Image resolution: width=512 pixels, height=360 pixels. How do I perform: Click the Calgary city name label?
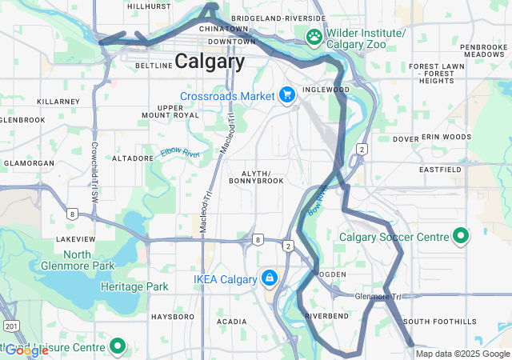pyautogui.click(x=210, y=62)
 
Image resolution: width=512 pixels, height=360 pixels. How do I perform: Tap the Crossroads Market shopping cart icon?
pyautogui.click(x=286, y=96)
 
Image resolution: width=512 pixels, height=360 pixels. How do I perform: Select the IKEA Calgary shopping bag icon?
pyautogui.click(x=270, y=278)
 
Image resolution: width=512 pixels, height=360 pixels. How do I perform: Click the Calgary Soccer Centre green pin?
pyautogui.click(x=461, y=237)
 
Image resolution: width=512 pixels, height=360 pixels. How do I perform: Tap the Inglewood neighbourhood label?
pyautogui.click(x=325, y=89)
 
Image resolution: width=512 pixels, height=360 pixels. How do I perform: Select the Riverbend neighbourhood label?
pyautogui.click(x=326, y=316)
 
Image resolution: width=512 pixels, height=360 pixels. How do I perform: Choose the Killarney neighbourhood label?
pyautogui.click(x=58, y=102)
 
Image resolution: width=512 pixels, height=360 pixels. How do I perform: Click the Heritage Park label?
pyautogui.click(x=134, y=286)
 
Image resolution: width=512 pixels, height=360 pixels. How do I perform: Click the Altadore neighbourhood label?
pyautogui.click(x=132, y=158)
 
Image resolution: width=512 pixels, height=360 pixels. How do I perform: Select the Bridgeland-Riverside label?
pyautogui.click(x=278, y=18)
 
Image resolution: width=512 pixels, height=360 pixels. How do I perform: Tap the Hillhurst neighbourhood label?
pyautogui.click(x=149, y=6)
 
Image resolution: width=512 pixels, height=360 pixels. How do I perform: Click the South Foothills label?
pyautogui.click(x=433, y=322)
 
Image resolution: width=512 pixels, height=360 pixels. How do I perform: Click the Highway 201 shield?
pyautogui.click(x=10, y=326)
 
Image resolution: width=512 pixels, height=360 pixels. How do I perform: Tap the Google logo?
pyautogui.click(x=26, y=350)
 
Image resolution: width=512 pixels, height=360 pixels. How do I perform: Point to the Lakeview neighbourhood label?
pyautogui.click(x=76, y=238)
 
